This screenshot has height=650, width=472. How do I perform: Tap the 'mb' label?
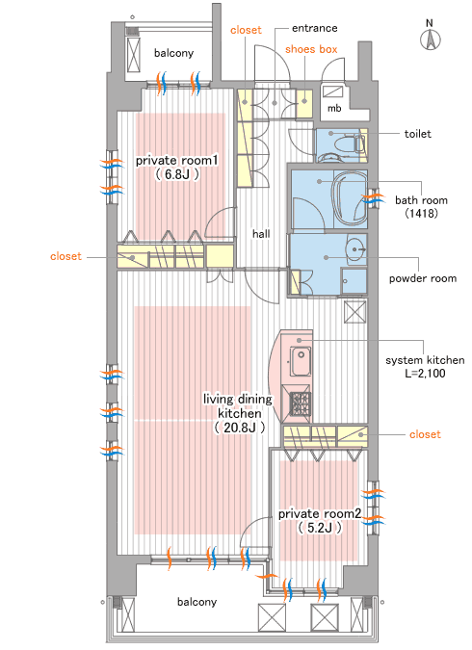click(x=334, y=109)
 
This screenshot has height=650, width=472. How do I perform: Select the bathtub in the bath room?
click(x=350, y=198)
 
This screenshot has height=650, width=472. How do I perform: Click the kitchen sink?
click(x=301, y=362)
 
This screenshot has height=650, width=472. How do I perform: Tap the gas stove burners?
click(x=301, y=403)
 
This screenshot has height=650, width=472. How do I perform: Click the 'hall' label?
click(x=261, y=234)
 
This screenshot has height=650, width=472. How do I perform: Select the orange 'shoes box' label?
click(x=311, y=49)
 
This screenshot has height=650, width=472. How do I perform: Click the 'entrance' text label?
click(x=314, y=28)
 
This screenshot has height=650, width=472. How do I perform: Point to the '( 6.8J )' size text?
click(x=177, y=174)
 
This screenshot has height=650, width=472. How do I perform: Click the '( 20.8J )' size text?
click(x=240, y=428)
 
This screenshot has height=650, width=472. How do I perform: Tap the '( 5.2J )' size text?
click(x=320, y=528)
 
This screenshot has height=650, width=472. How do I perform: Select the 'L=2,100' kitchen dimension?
click(x=425, y=373)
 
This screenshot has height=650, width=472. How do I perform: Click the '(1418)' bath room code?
click(x=421, y=213)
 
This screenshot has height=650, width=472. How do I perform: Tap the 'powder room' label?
click(x=423, y=278)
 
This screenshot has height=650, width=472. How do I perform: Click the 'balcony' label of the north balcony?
click(x=173, y=53)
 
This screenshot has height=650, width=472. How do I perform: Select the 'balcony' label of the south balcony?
click(x=197, y=602)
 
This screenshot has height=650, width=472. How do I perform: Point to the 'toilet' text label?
click(x=418, y=134)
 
